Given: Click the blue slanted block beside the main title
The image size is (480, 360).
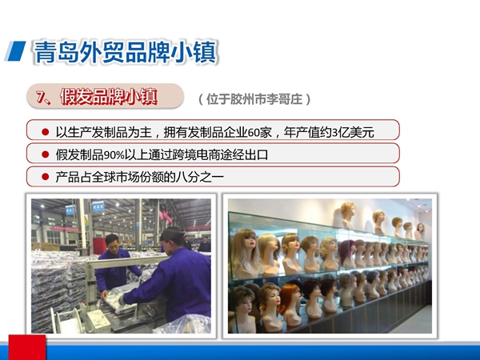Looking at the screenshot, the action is pos(15,51).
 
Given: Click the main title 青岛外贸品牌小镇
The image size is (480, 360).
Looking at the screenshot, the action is pos(126,52).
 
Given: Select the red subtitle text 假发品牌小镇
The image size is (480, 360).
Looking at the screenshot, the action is pos(109,97).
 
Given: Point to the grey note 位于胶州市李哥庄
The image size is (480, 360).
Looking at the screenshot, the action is pos(254,99).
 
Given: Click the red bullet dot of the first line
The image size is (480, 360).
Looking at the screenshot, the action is pos(45,132).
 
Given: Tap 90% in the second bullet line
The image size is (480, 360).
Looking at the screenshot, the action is pos(114,155).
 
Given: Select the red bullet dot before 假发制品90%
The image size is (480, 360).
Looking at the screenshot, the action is pos(45,154).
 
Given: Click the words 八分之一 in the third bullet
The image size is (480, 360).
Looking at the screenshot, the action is pos(200,177).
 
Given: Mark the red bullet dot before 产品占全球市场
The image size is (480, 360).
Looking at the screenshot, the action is pos(45,177).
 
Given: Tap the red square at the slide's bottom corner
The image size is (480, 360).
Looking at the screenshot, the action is pos(27,347).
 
